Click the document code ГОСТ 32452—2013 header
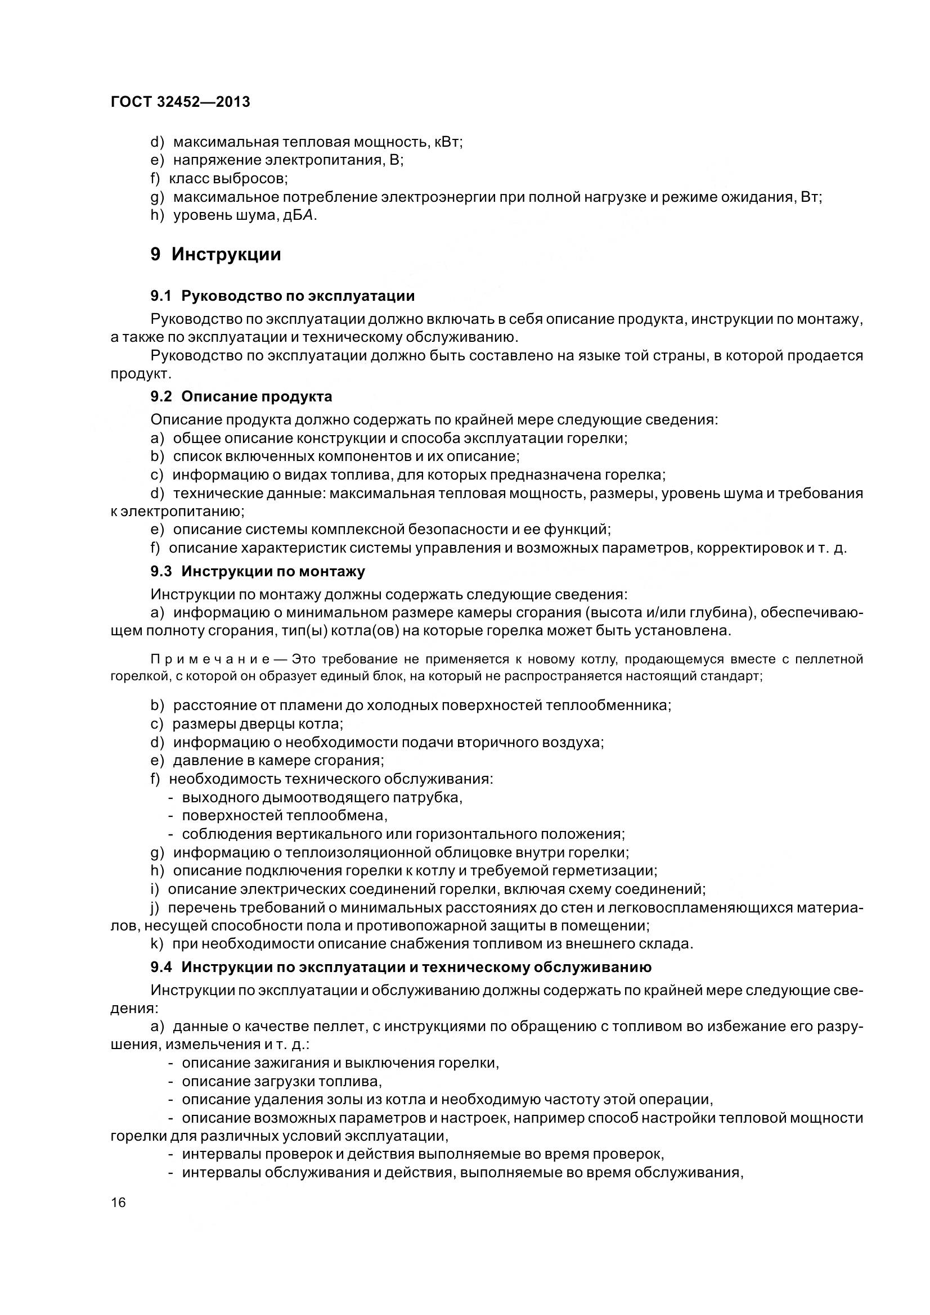[180, 102]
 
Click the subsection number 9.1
[161, 296]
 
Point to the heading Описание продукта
[256, 396]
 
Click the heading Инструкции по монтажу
[273, 571]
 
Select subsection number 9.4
[161, 968]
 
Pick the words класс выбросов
[228, 179]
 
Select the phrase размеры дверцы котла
[257, 724]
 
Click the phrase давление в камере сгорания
[278, 761]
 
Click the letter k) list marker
[157, 944]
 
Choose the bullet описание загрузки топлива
[281, 1081]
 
